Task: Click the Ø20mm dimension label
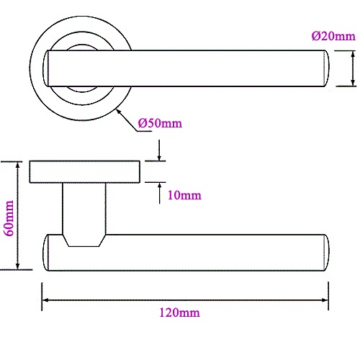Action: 333,36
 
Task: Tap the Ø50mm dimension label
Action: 160,123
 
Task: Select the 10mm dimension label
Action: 184,195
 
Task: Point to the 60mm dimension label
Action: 9,218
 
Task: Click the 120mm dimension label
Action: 179,312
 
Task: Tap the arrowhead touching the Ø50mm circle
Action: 120,112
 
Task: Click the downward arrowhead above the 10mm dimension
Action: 159,158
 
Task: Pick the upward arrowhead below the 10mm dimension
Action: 159,186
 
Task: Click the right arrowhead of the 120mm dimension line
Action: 325,300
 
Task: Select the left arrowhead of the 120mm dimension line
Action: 45,300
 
